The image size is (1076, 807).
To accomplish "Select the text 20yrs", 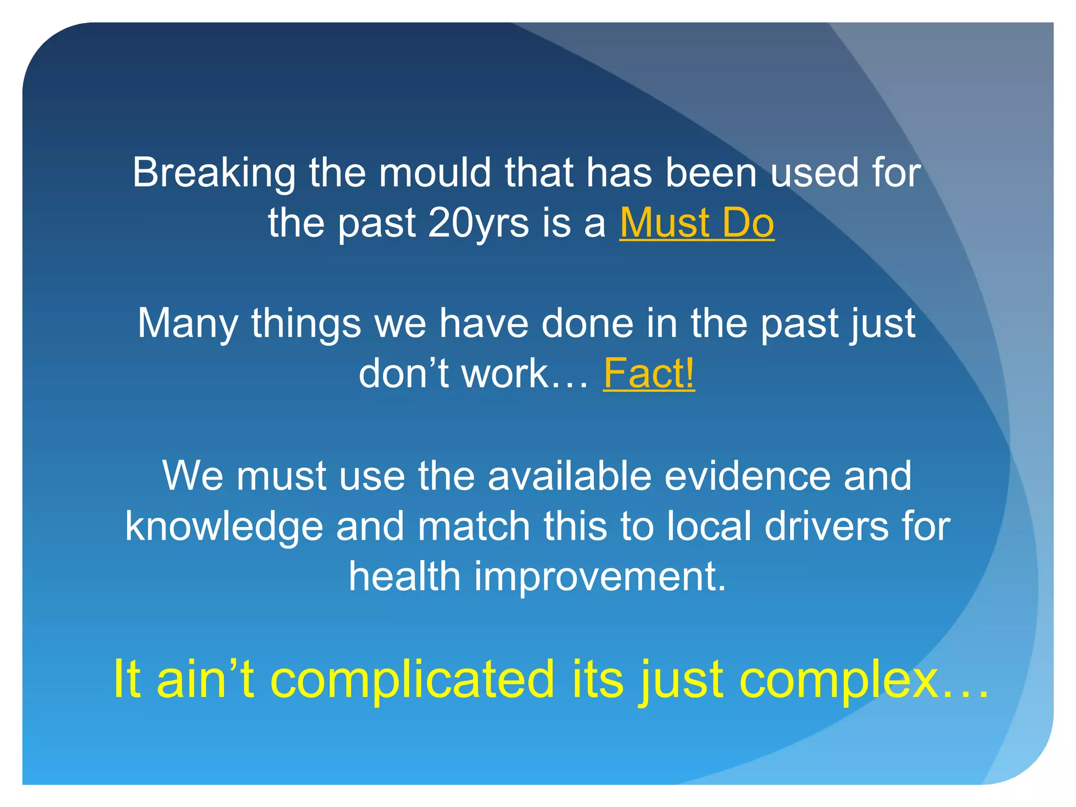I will (478, 223).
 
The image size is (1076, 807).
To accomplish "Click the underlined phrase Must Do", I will (697, 223).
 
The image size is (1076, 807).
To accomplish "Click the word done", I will (587, 323).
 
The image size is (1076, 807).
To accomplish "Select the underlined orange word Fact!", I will (649, 373).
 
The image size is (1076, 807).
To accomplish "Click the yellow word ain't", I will (205, 679).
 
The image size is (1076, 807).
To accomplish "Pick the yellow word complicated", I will (412, 680).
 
